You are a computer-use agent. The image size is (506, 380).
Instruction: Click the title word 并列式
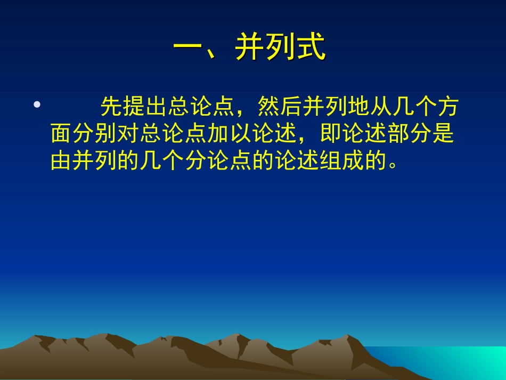tap(280, 49)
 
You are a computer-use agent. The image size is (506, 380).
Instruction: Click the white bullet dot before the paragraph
tap(37, 105)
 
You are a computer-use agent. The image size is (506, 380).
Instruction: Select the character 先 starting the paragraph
tap(111, 108)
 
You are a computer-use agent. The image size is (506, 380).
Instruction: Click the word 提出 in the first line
tap(145, 108)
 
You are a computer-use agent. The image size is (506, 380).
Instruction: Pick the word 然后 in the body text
tap(279, 108)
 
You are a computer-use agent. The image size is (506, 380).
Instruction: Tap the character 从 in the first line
tap(380, 108)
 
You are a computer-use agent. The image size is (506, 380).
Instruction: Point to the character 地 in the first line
tap(357, 108)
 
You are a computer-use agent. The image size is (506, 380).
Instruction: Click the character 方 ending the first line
tap(447, 108)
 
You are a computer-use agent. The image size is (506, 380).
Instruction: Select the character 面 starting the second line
tap(62, 134)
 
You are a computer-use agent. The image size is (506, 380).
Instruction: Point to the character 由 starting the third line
tap(62, 160)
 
